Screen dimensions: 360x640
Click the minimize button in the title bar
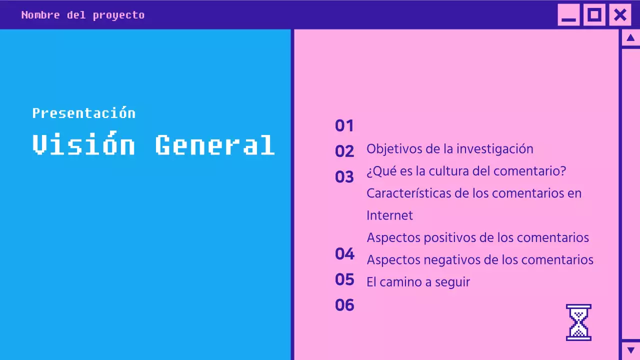(568, 15)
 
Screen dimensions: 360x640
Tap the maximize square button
(594, 15)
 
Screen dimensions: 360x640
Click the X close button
(620, 15)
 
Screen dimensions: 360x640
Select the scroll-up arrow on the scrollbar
(630, 38)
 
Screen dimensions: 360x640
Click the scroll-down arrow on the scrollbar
(630, 350)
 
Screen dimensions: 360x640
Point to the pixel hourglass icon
(578, 322)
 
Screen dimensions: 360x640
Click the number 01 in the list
(344, 125)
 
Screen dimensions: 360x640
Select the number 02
(344, 151)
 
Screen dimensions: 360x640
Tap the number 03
(344, 177)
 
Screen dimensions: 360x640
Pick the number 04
(344, 254)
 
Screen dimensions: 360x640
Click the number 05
(344, 279)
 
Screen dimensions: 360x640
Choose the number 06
(344, 305)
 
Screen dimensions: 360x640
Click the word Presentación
(83, 113)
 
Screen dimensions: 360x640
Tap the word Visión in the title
(83, 145)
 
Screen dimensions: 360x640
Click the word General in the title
(215, 145)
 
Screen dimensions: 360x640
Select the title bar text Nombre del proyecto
(83, 15)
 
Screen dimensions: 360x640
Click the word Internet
(389, 215)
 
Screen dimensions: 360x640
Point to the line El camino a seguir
(418, 282)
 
